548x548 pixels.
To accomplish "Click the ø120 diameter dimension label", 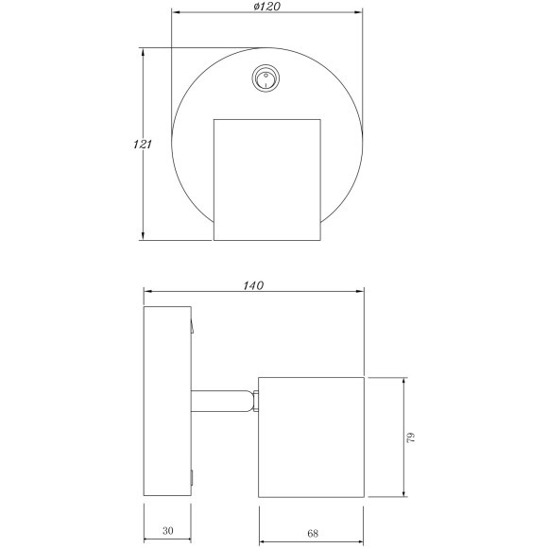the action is click(x=267, y=7).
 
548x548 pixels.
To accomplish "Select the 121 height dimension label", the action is click(x=143, y=145).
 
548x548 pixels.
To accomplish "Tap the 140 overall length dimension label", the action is click(x=253, y=285).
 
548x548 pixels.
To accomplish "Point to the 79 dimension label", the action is click(x=411, y=437).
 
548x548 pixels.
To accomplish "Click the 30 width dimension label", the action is click(x=168, y=531).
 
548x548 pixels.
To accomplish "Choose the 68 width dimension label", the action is click(x=313, y=533).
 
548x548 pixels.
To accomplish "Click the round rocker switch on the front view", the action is click(x=265, y=78).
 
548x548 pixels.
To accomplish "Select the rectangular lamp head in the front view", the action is click(x=267, y=180).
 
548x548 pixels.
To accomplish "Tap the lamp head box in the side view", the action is click(x=311, y=437).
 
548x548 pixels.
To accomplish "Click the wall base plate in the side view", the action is click(x=167, y=401).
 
